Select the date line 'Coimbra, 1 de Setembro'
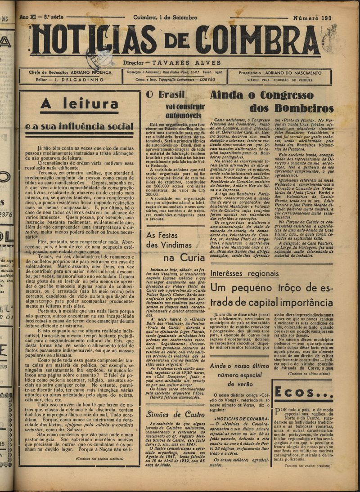165,18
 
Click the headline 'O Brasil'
162,95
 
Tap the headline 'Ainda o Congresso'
262,95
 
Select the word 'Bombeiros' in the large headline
292,108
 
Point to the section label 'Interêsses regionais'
244,273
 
